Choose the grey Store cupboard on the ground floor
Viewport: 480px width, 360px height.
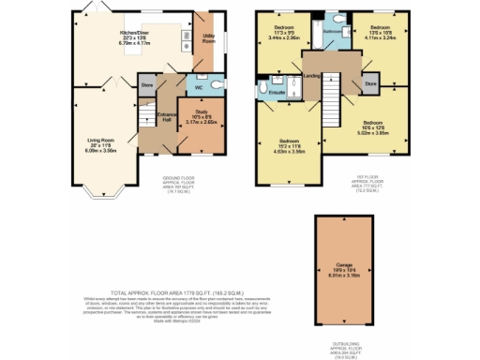(x=146, y=84)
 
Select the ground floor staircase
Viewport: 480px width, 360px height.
(x=145, y=117)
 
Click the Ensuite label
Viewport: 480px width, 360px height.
(x=277, y=93)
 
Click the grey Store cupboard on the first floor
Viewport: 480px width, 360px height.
(x=371, y=83)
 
